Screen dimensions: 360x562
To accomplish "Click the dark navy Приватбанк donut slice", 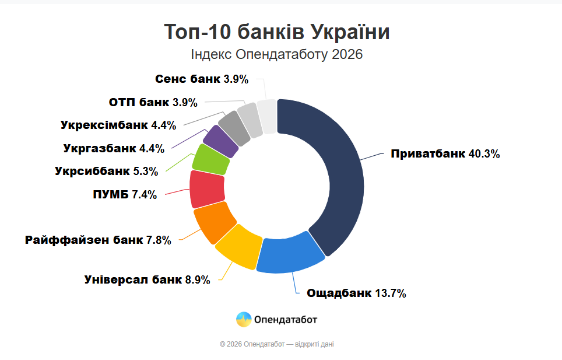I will coord(338,175).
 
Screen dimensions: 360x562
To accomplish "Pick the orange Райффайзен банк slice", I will coord(214,222).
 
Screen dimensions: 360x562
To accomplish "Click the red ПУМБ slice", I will coord(208,189).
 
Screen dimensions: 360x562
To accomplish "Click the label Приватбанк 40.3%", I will coord(445,154).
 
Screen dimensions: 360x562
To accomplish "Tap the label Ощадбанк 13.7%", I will coord(356,293).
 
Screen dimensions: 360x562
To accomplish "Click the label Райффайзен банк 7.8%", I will coord(98,240).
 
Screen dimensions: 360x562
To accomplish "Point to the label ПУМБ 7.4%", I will coord(125,195).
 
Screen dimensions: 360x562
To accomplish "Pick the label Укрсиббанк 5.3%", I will coord(107,172).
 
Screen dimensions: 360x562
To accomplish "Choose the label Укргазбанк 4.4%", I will coord(114,148).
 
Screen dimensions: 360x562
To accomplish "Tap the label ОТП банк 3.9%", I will coord(153,102).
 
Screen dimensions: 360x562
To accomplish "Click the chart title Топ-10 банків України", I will coord(276,32).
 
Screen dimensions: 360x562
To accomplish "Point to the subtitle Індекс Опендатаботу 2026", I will coord(276,54).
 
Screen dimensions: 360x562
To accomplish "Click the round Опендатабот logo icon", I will coord(244,319).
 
